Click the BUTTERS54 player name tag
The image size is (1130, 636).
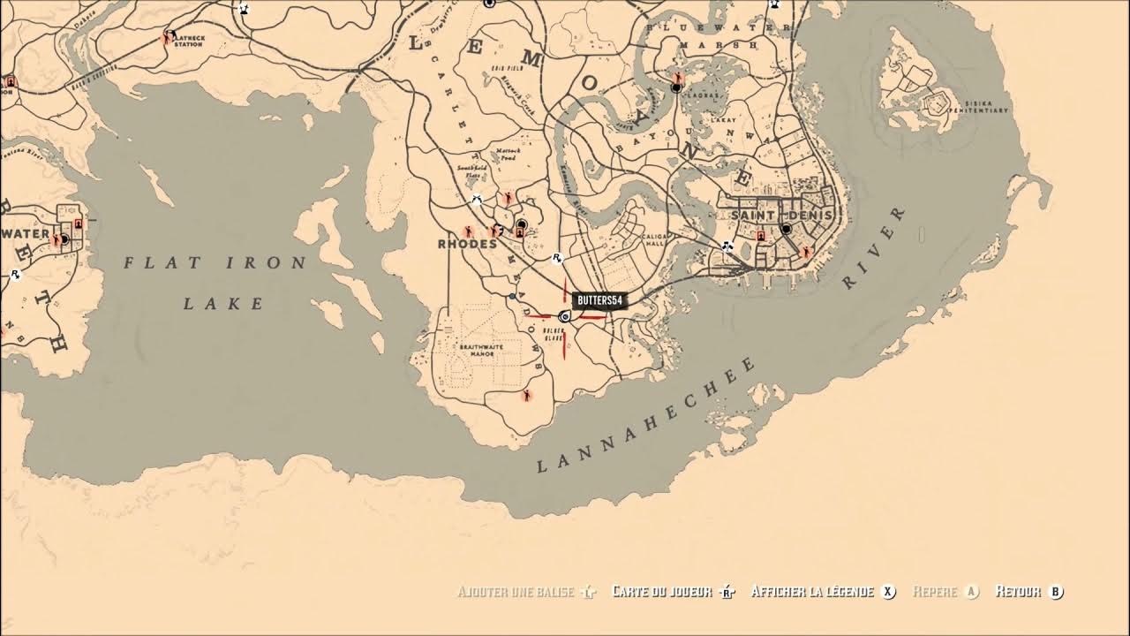click(x=599, y=301)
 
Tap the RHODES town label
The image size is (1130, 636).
click(x=467, y=244)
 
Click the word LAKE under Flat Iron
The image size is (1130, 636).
click(x=224, y=304)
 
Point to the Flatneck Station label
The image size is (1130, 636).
click(x=188, y=41)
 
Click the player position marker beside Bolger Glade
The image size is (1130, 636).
click(x=563, y=315)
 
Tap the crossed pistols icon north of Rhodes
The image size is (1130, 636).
click(x=478, y=200)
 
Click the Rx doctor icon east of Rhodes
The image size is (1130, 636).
click(x=558, y=259)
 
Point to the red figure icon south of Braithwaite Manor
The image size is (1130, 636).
click(x=527, y=396)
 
